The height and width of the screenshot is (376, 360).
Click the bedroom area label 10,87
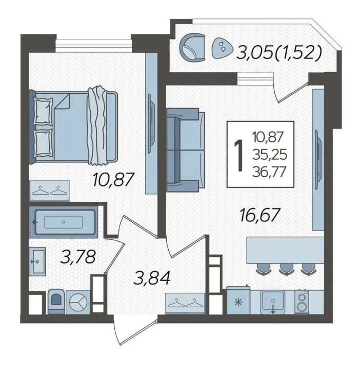(113, 180)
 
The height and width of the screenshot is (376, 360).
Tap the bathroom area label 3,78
(78, 257)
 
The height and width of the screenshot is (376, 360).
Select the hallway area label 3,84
(152, 278)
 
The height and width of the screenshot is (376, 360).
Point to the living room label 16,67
(260, 215)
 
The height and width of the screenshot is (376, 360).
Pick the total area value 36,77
(269, 172)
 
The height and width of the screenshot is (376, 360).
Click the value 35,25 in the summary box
(270, 155)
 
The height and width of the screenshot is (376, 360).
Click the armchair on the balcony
(192, 47)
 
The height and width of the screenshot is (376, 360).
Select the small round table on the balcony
(222, 48)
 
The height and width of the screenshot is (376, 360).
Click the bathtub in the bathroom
(64, 222)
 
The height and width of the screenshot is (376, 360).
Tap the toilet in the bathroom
(56, 301)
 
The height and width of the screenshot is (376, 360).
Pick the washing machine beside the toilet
(78, 302)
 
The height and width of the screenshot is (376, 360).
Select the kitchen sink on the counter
(273, 301)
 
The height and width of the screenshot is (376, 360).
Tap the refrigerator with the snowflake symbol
(238, 300)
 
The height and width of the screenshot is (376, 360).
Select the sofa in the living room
(186, 150)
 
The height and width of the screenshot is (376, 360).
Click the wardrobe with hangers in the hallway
(185, 303)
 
